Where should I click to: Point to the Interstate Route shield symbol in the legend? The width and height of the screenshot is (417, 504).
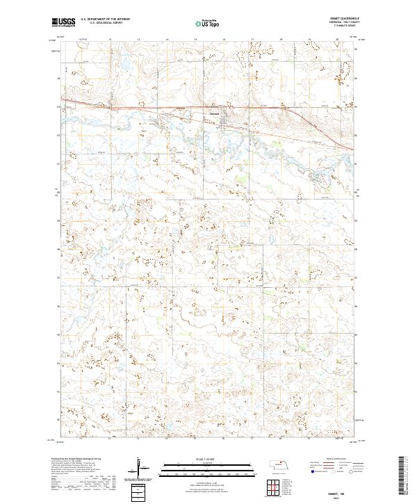click(308, 472)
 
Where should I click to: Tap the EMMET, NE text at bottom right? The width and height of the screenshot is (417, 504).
click(337, 490)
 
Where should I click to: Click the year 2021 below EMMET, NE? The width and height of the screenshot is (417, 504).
click(337, 495)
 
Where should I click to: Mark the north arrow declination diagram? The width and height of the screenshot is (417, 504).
click(142, 469)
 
